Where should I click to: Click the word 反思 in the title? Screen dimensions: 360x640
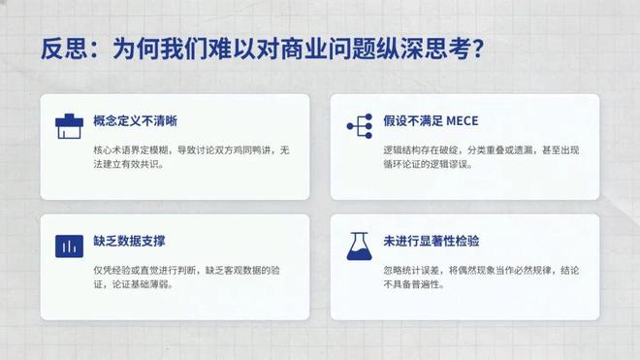pos(60,49)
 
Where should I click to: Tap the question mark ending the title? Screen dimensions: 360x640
pos(476,49)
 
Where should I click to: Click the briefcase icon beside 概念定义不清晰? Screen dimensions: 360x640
pos(69,124)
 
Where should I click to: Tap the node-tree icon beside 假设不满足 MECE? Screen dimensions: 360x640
pos(360,125)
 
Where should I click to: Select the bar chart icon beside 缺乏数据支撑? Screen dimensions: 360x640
pos(69,245)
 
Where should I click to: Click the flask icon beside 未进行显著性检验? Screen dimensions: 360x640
pos(360,245)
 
